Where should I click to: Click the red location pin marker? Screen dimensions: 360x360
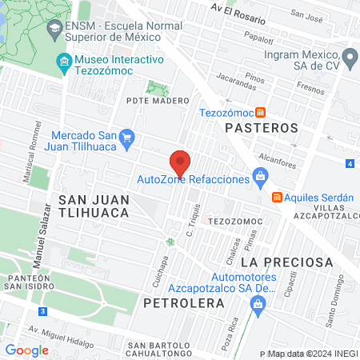coord(180,162)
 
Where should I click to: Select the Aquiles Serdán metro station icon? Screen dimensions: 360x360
coord(276,197)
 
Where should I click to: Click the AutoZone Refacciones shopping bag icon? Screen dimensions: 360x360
coord(259,177)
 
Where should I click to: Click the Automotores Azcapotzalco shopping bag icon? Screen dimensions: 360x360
coord(258,304)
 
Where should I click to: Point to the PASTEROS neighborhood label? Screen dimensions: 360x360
coord(261,128)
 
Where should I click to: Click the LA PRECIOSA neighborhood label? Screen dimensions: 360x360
coord(286,262)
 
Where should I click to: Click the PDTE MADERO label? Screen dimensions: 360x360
coord(158,101)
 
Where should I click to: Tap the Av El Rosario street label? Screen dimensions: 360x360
coord(237,8)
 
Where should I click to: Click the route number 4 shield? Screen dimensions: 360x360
coord(350,163)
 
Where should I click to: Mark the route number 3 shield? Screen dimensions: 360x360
coord(42,310)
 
